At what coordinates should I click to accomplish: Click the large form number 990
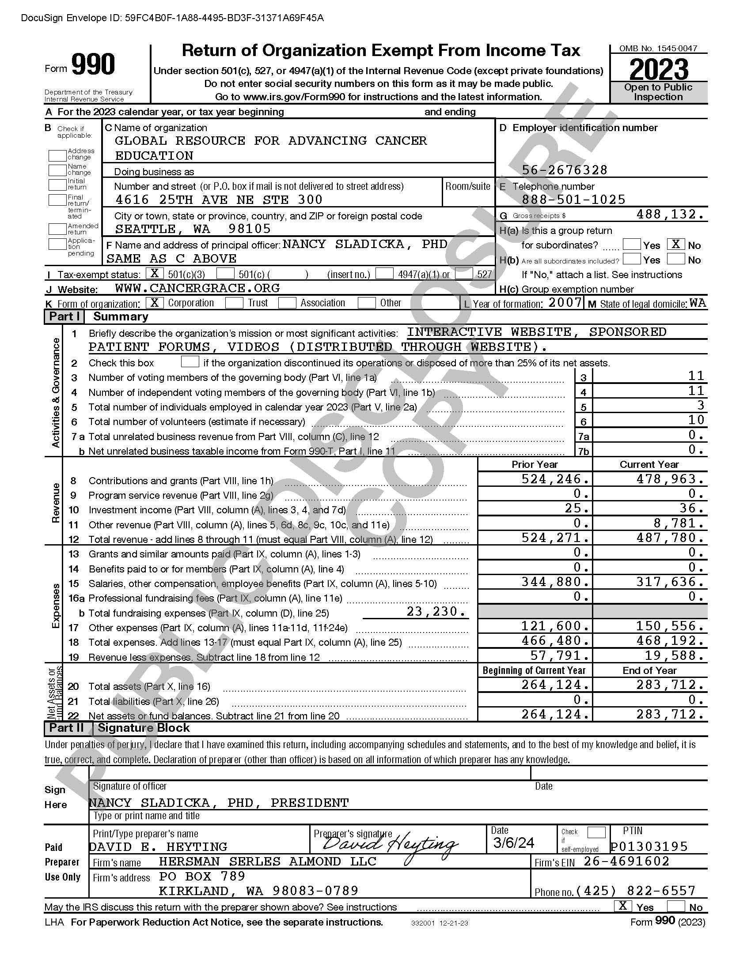pos(93,64)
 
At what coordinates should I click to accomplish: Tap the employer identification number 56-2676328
pos(565,170)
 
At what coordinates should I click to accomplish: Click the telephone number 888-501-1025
pos(573,199)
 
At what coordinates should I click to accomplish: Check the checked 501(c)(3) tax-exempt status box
pos(154,273)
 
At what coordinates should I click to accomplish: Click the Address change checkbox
pos(57,155)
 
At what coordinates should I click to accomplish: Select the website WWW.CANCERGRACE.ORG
pos(197,288)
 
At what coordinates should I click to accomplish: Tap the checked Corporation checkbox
pos(154,303)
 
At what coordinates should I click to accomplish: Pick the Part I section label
pos(64,316)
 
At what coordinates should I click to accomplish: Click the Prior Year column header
pos(535,464)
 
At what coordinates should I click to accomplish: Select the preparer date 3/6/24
pos(514,843)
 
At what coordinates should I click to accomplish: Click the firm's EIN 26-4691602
pos(626,861)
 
